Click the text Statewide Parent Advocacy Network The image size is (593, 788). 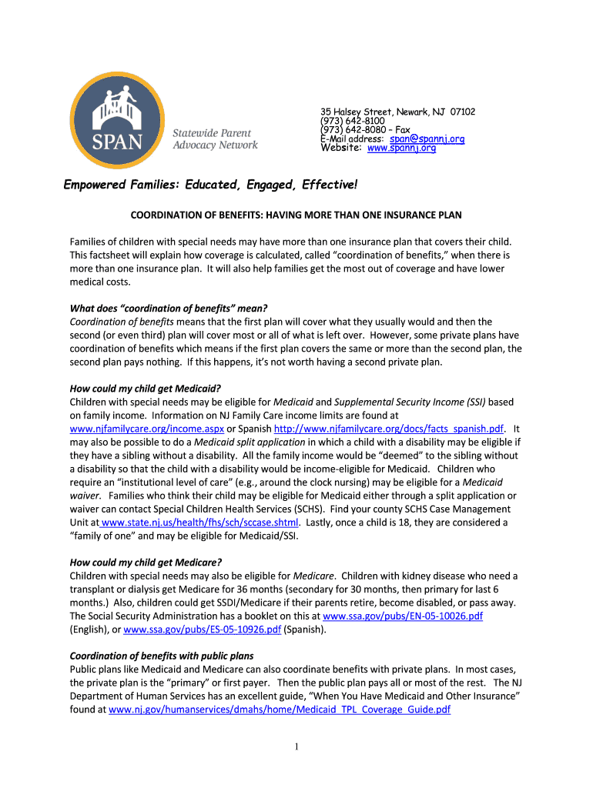[x=215, y=139]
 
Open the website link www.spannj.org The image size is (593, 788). [x=401, y=148]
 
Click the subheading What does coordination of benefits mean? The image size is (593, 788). [x=169, y=309]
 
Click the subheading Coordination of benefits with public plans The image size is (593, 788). [x=162, y=656]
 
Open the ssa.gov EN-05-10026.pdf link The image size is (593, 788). [x=403, y=616]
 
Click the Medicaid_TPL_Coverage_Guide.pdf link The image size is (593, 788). [x=280, y=710]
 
